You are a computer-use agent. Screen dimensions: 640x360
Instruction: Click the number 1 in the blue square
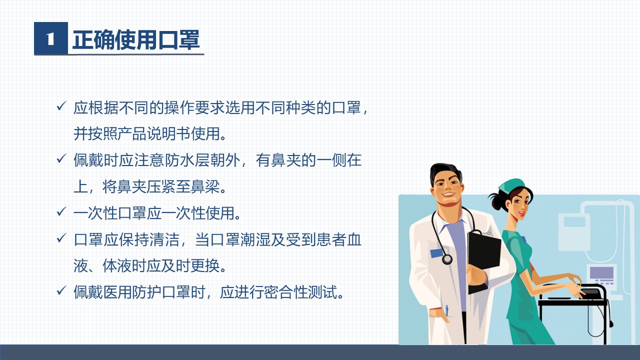click(x=50, y=38)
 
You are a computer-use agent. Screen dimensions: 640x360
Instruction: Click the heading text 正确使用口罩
click(x=136, y=39)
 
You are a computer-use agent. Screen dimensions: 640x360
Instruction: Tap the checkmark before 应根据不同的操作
click(x=61, y=106)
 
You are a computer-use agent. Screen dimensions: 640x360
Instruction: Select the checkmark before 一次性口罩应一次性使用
click(x=61, y=211)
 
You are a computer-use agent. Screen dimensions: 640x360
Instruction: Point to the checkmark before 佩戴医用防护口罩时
click(x=61, y=290)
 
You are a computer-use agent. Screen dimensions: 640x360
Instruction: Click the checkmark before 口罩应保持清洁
click(x=61, y=238)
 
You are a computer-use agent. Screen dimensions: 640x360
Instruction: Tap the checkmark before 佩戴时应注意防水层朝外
click(x=61, y=159)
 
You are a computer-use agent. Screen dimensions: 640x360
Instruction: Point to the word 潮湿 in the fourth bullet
click(x=255, y=239)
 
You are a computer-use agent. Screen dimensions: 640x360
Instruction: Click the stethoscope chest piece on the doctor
click(x=447, y=259)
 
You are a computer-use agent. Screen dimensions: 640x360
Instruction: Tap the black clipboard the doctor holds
click(x=484, y=257)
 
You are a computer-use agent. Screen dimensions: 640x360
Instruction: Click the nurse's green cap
click(x=512, y=185)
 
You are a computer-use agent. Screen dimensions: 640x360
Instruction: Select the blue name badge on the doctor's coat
click(x=436, y=253)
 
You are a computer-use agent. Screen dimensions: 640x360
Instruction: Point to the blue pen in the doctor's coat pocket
click(x=446, y=310)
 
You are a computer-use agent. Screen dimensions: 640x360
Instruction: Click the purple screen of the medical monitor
click(x=601, y=272)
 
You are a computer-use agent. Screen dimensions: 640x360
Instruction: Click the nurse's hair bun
click(x=496, y=201)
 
